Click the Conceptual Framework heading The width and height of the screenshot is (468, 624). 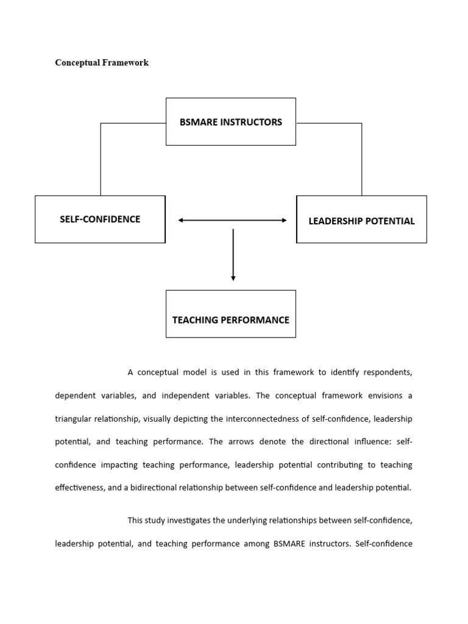[x=102, y=63]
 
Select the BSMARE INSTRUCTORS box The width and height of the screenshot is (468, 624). [x=230, y=122]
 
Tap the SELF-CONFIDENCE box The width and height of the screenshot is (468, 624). [x=100, y=219]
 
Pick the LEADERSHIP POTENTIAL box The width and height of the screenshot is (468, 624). [x=361, y=220]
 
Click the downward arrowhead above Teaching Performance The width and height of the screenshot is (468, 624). [x=233, y=278]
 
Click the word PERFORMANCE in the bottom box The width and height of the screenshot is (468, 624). [x=256, y=319]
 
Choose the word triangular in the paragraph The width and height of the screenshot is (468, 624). [x=75, y=419]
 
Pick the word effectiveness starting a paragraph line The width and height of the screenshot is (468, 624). [x=79, y=487]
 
